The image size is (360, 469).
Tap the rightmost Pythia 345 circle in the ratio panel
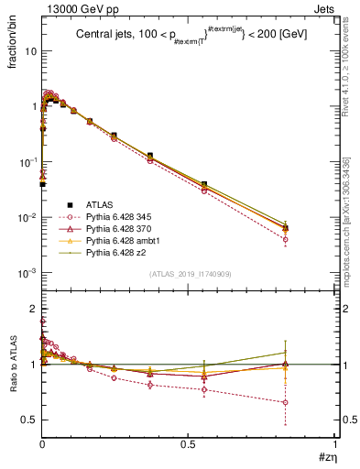(286, 402)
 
